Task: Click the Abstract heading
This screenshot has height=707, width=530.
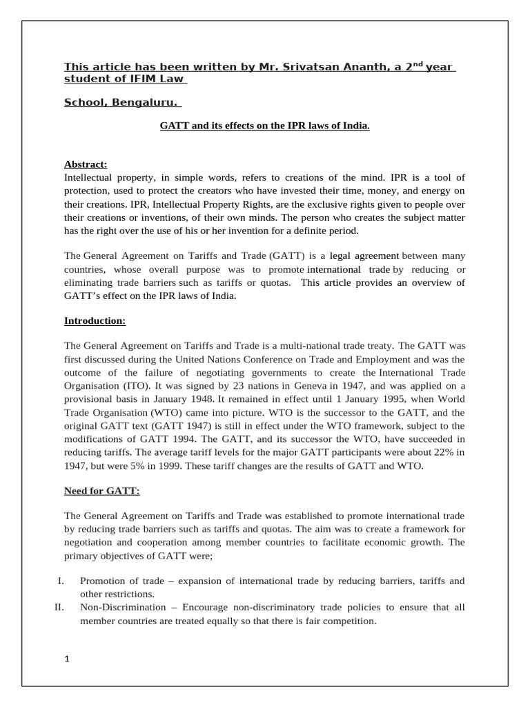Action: point(86,164)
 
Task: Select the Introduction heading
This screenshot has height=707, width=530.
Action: point(95,320)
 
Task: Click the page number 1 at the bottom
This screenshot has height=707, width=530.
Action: point(67,659)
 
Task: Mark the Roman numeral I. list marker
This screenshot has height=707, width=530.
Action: point(60,581)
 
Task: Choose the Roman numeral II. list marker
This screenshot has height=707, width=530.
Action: point(59,608)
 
